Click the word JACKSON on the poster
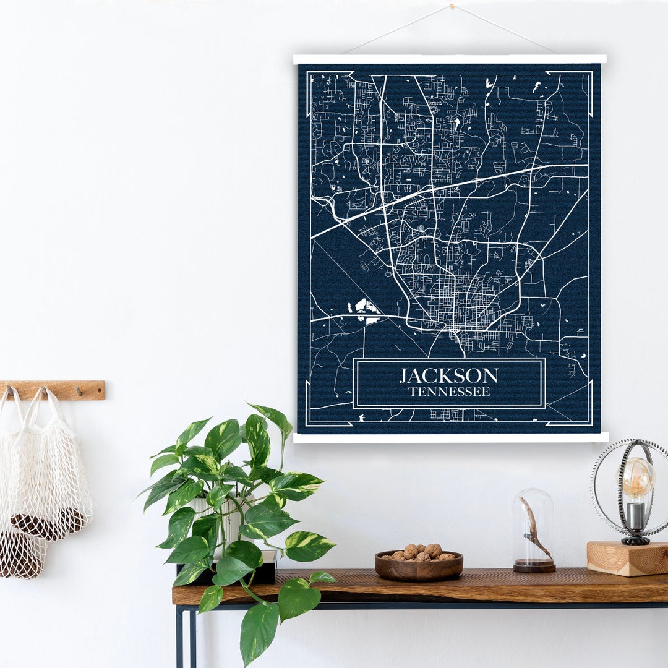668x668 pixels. pyautogui.click(x=448, y=375)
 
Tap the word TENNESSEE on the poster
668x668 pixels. pyautogui.click(x=449, y=392)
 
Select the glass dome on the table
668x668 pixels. pyautogui.click(x=533, y=526)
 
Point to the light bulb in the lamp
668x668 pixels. pyautogui.click(x=638, y=477)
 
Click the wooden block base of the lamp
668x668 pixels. pyautogui.click(x=627, y=558)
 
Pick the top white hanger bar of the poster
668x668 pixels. pyautogui.click(x=450, y=59)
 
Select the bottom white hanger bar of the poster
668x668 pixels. pyautogui.click(x=450, y=437)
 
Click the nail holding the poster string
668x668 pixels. pyautogui.click(x=452, y=7)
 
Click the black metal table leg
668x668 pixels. pyautogui.click(x=179, y=637)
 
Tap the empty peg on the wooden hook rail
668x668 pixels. pyautogui.click(x=79, y=390)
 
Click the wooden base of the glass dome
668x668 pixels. pyautogui.click(x=534, y=565)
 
